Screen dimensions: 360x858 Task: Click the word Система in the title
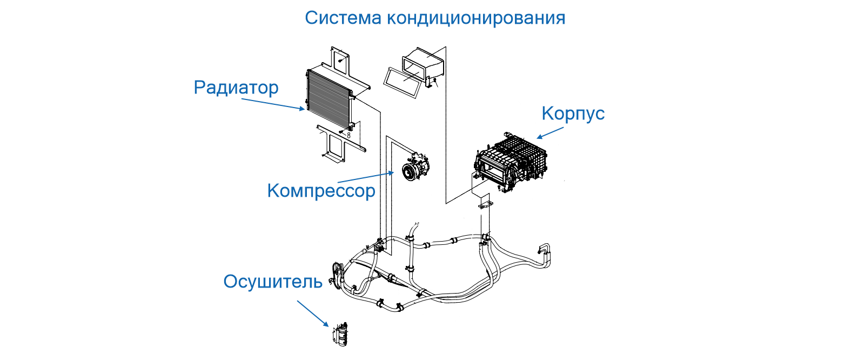pos(343,18)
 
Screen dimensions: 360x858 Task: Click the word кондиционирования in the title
pos(475,18)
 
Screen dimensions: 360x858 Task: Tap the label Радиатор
pos(236,88)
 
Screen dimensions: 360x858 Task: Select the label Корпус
pos(573,114)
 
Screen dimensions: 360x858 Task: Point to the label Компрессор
pos(321,191)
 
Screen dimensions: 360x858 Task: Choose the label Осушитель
pos(273,282)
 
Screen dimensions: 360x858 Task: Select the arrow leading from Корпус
pos(551,132)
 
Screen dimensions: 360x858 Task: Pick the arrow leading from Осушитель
pos(312,314)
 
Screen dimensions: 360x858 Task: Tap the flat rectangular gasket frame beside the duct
pos(402,83)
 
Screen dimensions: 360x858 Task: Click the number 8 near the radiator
pos(349,135)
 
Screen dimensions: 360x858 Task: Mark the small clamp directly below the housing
pos(486,205)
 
